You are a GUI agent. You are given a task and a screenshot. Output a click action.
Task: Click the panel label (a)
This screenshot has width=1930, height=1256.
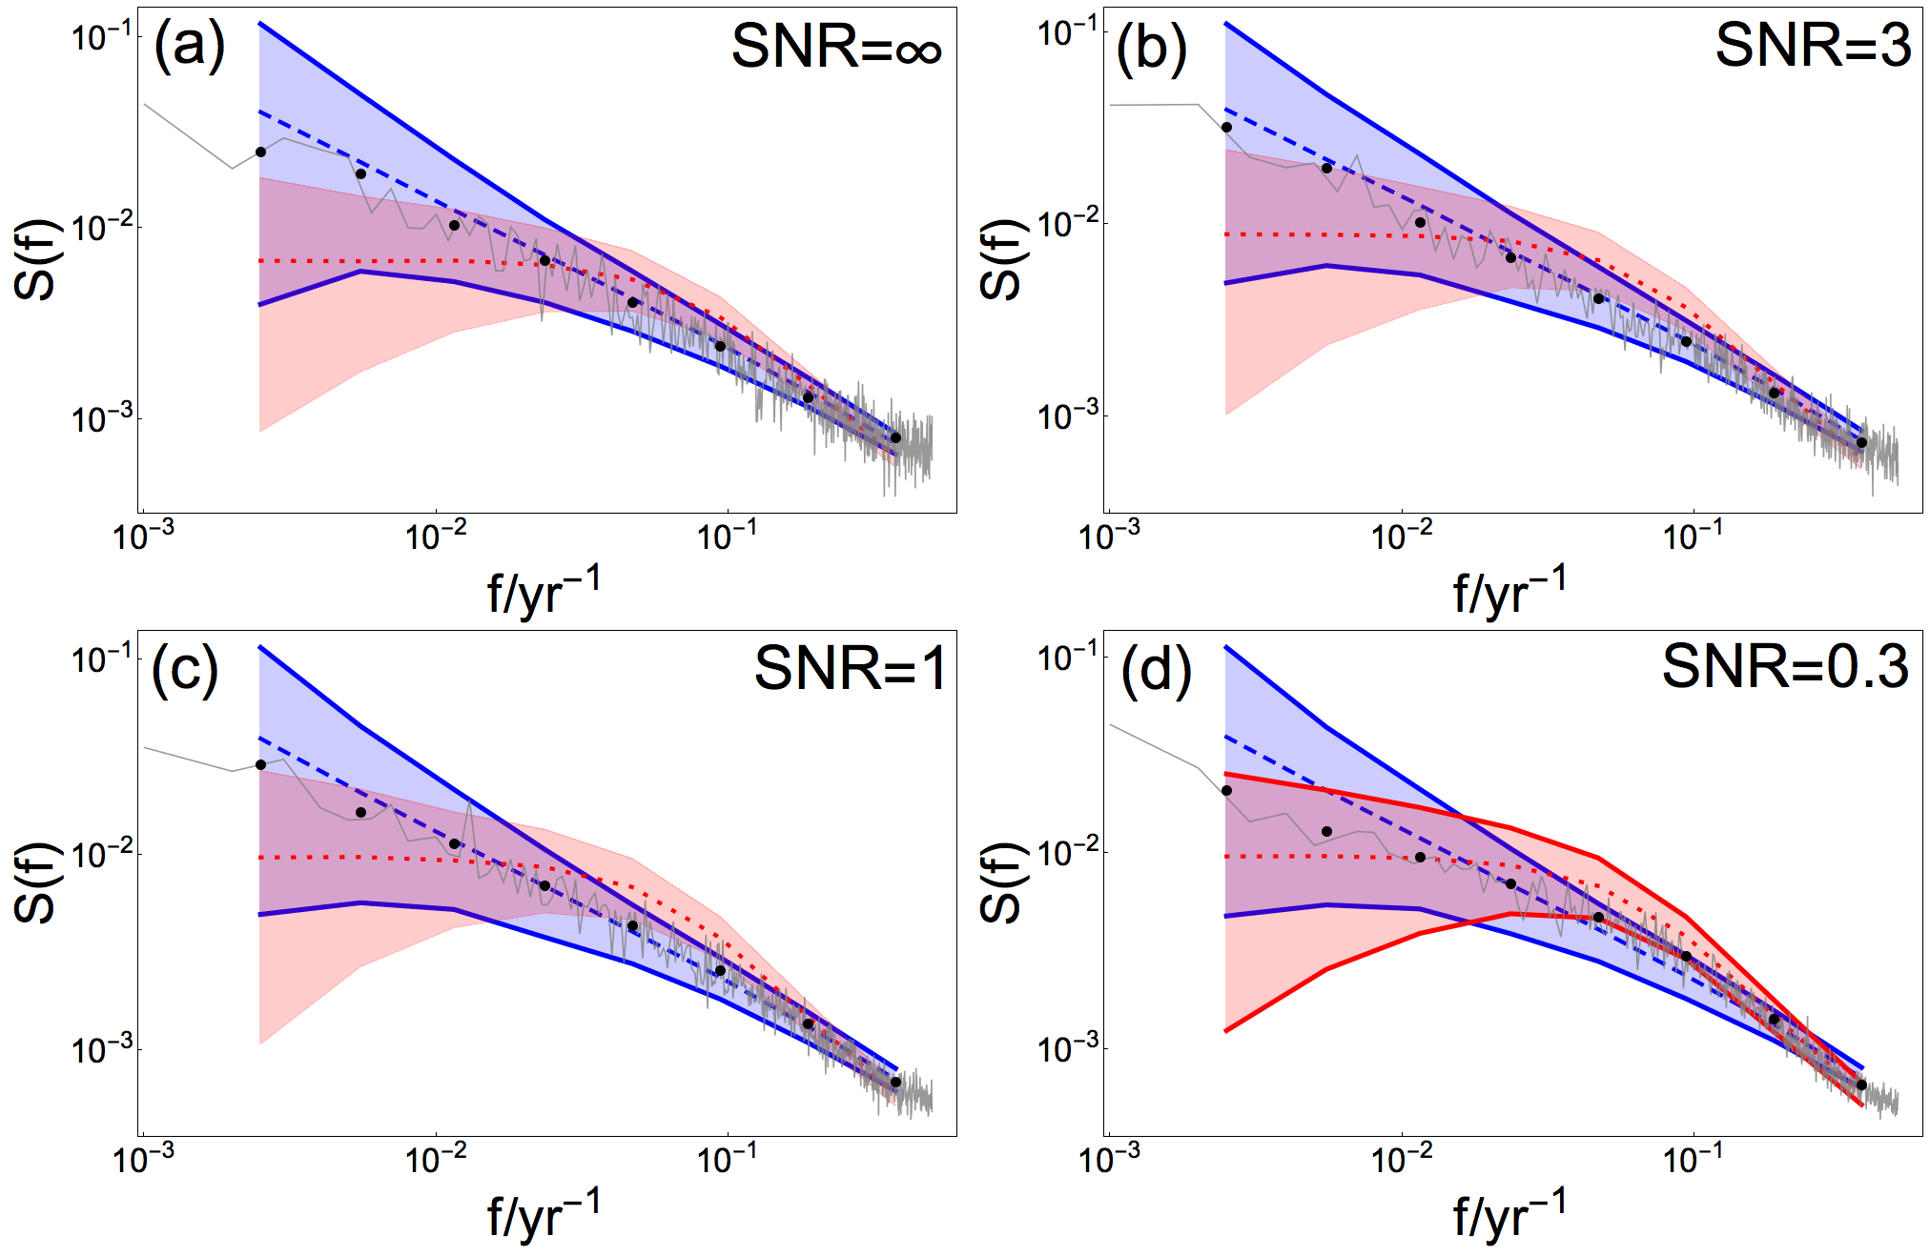(189, 46)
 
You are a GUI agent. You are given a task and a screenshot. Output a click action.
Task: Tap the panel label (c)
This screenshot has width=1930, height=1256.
(185, 670)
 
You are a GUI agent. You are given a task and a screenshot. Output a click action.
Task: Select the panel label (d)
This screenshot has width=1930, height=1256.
(1156, 670)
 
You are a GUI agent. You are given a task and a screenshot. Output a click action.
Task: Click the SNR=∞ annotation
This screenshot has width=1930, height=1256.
(836, 47)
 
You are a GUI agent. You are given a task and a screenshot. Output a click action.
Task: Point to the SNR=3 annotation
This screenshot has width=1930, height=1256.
(1813, 45)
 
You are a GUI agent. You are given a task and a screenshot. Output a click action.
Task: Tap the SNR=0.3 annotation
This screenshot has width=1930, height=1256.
(1785, 666)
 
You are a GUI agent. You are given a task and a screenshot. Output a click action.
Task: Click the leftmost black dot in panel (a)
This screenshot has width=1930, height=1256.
(260, 152)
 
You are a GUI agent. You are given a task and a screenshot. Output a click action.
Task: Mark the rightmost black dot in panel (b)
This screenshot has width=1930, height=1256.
(1861, 442)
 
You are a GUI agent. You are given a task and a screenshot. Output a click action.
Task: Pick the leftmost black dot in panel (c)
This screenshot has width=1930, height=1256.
(260, 764)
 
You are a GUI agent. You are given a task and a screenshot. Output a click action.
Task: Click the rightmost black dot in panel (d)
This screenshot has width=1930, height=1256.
(1861, 1084)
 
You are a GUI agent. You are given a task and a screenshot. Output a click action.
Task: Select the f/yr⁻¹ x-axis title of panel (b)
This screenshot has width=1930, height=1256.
(1509, 590)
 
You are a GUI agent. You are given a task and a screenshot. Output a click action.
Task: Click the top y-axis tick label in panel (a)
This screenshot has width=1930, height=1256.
(102, 38)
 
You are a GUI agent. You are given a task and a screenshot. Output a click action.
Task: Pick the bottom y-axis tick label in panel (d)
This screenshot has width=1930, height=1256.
(1067, 1049)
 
